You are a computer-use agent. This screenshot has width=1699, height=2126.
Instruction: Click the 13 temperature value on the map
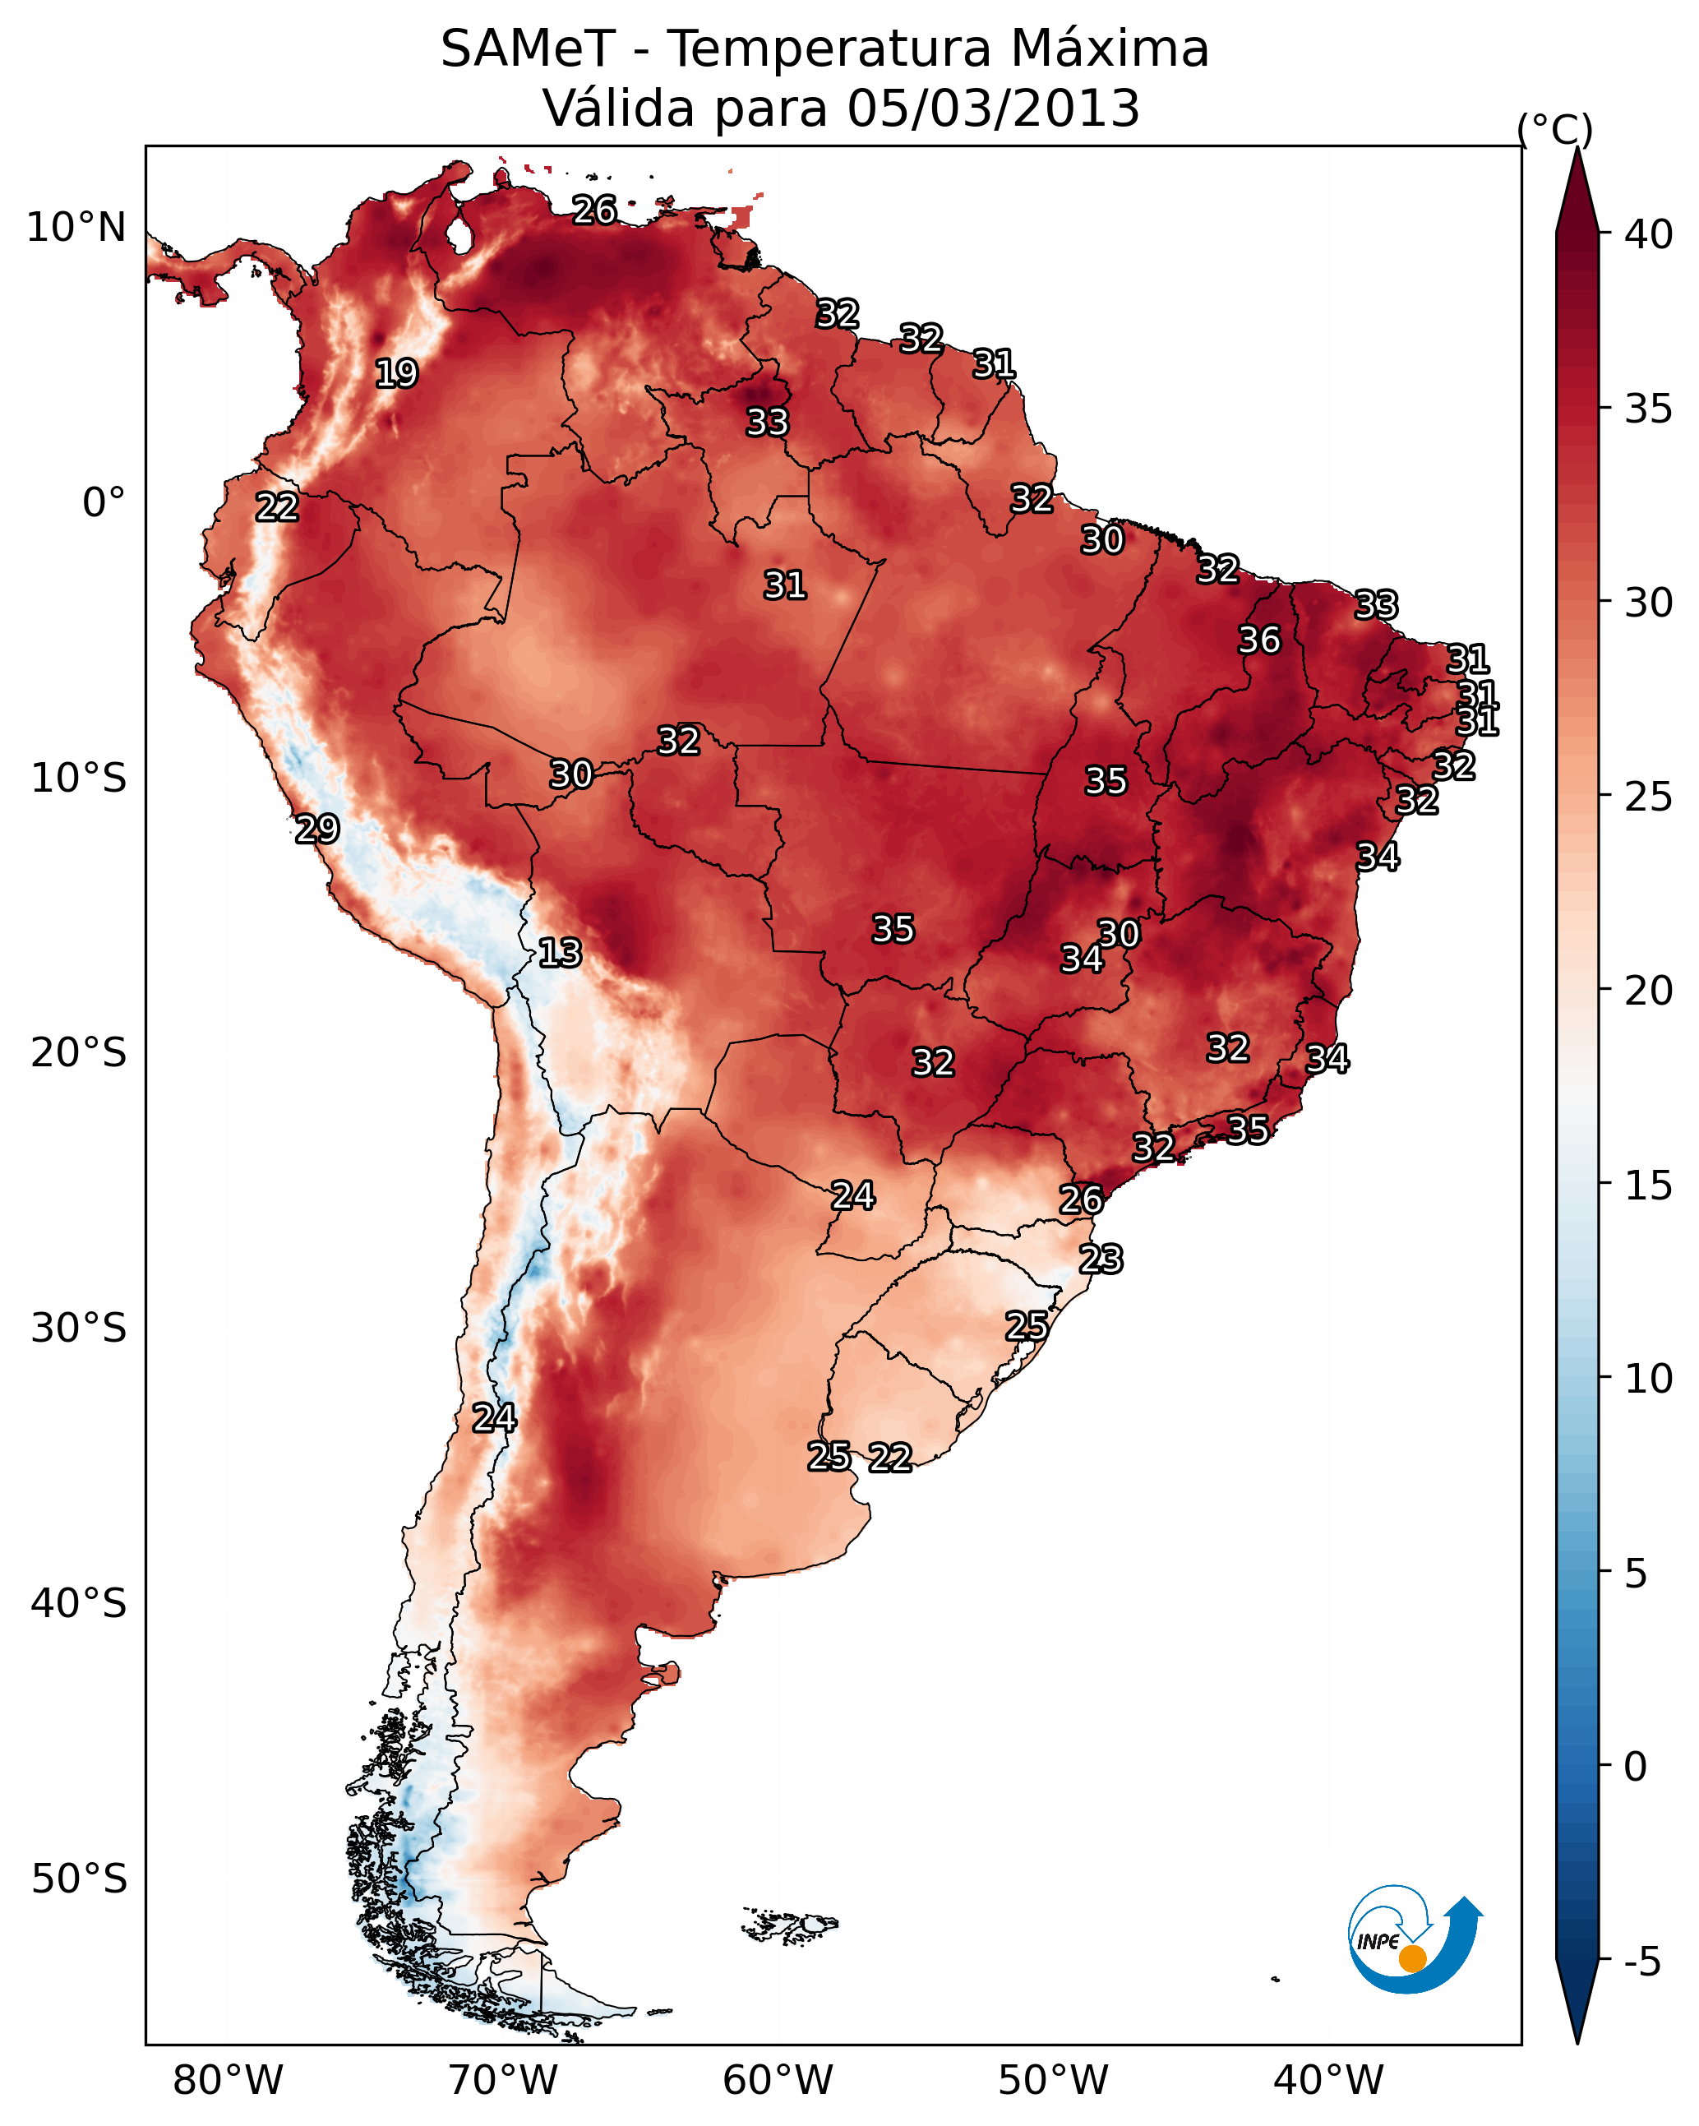pos(560,953)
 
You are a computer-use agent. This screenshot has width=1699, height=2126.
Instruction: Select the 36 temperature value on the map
pos(1259,640)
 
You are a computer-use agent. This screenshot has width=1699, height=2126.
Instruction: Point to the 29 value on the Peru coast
pos(317,829)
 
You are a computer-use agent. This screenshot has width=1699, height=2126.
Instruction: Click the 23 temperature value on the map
pos(1101,1259)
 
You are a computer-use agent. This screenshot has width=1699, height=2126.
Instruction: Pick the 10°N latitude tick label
pos(76,228)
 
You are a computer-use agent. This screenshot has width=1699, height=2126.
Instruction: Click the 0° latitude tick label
pos(104,503)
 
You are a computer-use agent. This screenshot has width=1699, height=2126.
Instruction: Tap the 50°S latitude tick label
pos(79,1879)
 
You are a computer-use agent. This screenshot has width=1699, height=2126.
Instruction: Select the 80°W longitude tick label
pos(228,2081)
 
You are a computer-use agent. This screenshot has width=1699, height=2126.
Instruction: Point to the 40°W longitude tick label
pos(1328,2081)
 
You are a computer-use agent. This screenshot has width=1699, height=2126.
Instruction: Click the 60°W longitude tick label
pos(778,2081)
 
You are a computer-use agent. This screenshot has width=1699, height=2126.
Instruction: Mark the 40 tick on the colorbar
pos(1649,234)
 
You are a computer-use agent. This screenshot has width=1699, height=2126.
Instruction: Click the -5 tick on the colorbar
pos(1643,1962)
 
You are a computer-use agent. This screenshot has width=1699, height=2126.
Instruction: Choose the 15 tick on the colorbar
pos(1649,1185)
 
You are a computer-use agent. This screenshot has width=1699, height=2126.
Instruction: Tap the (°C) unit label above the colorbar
pos(1555,130)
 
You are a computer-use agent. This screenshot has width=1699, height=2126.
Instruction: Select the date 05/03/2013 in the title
pos(994,109)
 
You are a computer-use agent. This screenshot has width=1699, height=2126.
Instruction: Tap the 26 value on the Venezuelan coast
pos(594,210)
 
